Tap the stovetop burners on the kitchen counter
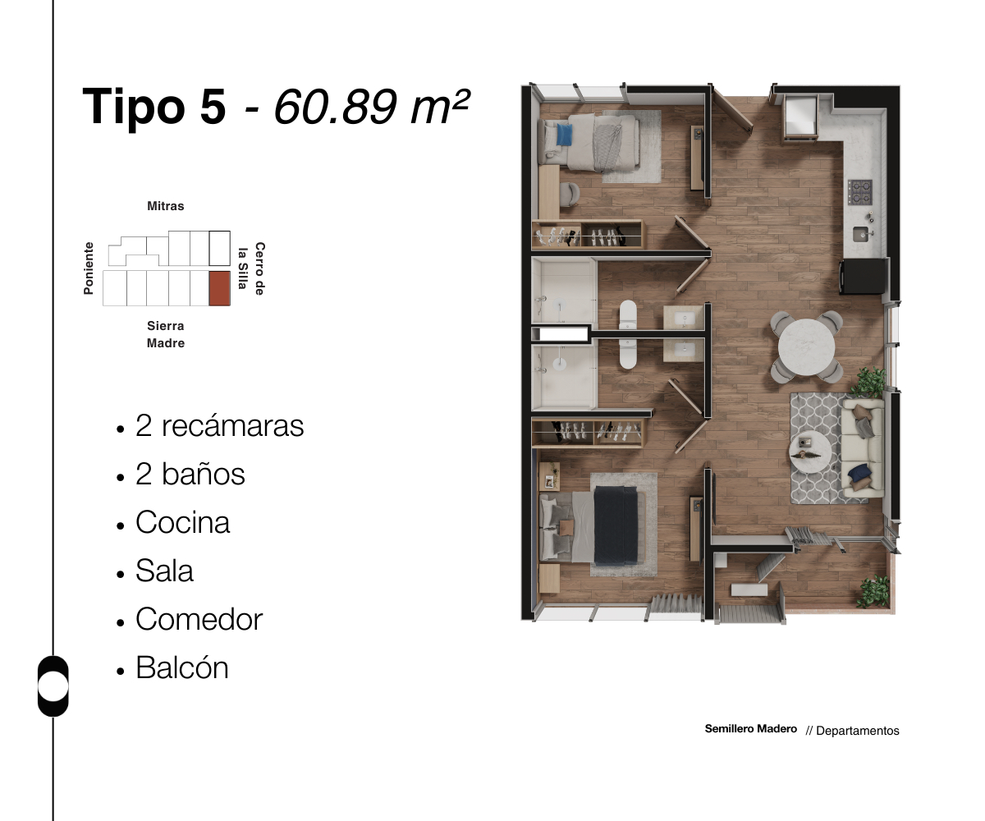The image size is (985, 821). click(x=860, y=192)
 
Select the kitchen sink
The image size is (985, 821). click(x=861, y=235)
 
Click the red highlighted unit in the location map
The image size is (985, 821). click(x=219, y=288)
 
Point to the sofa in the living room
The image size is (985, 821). click(x=861, y=448)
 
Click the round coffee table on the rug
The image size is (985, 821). click(x=809, y=450)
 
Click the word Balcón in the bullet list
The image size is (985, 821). click(x=181, y=667)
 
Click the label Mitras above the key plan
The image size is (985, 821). click(x=166, y=206)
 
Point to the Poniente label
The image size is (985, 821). click(x=89, y=268)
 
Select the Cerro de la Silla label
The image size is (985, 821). click(x=251, y=268)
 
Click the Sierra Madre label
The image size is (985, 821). click(x=166, y=335)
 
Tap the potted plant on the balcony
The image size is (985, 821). click(x=872, y=591)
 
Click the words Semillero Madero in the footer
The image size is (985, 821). click(x=750, y=729)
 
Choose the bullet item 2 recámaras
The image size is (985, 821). click(x=219, y=426)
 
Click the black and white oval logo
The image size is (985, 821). click(x=53, y=686)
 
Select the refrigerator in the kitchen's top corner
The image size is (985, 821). click(x=799, y=117)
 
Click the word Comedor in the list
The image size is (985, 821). click(x=199, y=619)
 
